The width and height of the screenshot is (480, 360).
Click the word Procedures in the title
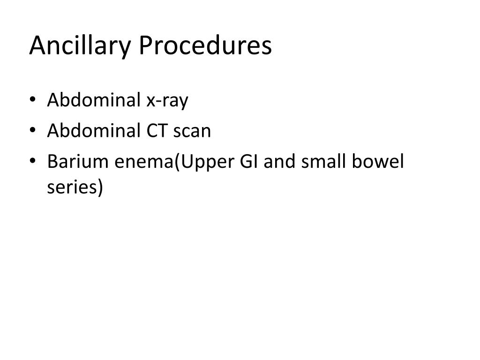(x=205, y=46)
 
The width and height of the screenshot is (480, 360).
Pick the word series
(x=71, y=187)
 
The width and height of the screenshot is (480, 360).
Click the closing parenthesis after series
(x=98, y=187)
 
